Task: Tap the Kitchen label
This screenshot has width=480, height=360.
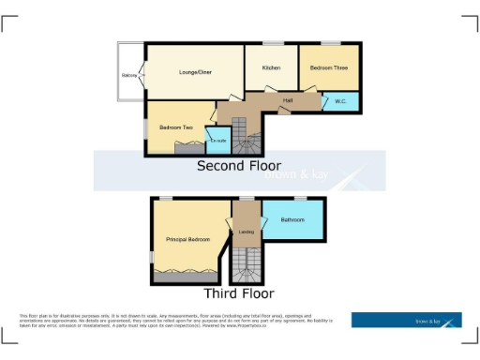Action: click(x=271, y=67)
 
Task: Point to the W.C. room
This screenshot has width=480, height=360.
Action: click(x=338, y=102)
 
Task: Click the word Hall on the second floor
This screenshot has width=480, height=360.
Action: click(x=289, y=100)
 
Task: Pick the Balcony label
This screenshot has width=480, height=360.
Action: click(x=128, y=77)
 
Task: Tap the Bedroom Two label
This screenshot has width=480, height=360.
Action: click(x=175, y=127)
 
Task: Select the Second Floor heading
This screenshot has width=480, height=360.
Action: click(x=238, y=166)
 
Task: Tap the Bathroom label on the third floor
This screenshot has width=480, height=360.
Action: click(x=292, y=220)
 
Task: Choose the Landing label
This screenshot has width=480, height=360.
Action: click(x=247, y=232)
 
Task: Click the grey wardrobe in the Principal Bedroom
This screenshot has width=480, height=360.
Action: click(x=187, y=277)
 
